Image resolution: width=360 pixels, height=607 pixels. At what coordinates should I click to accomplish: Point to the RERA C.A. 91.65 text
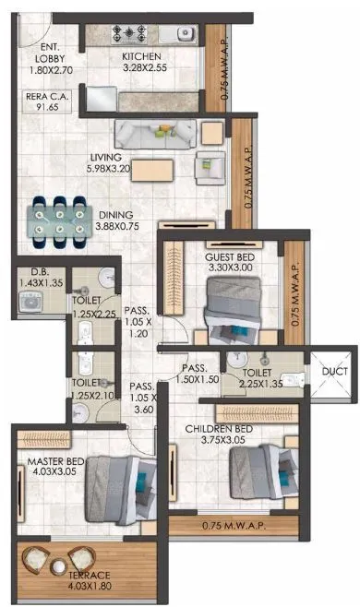pyautogui.click(x=42, y=101)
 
